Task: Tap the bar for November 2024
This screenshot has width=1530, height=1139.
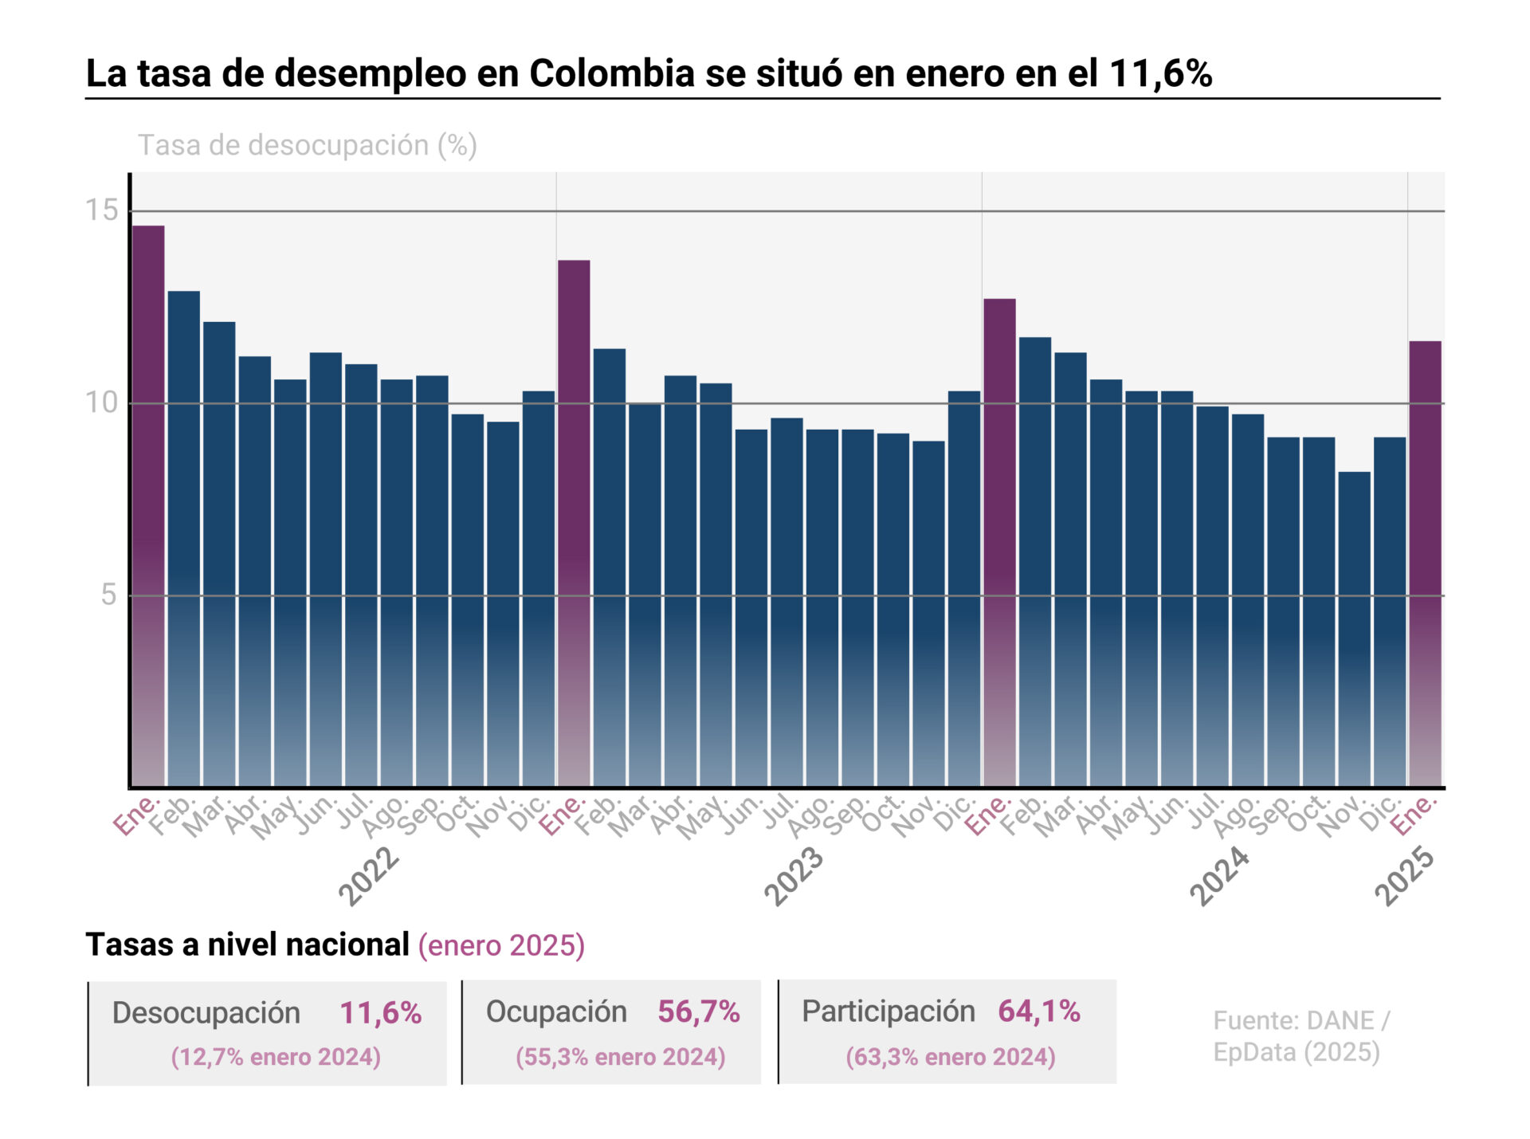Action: point(1354,629)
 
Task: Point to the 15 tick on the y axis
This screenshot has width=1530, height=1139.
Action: point(101,210)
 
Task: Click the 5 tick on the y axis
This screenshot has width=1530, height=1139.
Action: point(108,595)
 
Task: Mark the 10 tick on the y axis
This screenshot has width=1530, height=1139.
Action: point(101,403)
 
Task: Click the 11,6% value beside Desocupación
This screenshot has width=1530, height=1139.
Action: point(381,1012)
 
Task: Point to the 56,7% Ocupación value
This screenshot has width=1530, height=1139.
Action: point(699,1011)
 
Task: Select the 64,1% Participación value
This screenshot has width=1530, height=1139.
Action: point(1039,1011)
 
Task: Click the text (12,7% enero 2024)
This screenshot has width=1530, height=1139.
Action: point(276,1057)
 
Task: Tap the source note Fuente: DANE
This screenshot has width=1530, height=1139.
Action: point(1300,1021)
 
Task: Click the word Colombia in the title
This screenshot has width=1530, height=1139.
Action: point(612,73)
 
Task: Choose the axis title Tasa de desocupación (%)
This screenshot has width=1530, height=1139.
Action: point(308,145)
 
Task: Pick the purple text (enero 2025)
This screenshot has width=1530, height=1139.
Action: point(501,945)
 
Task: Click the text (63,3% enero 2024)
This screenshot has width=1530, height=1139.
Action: point(951,1057)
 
